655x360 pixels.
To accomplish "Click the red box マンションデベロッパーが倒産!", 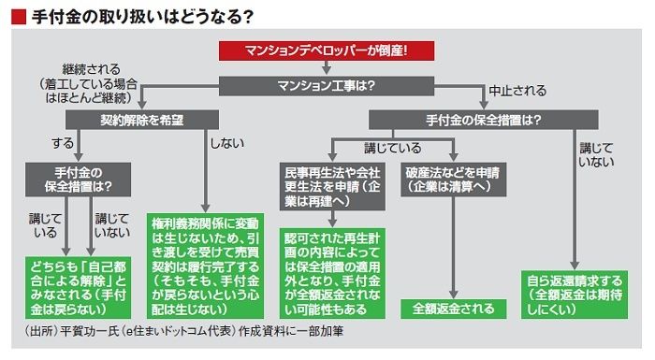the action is (327, 50).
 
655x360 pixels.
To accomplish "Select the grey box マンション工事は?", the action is (327, 86).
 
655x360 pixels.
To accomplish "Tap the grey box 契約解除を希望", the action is (142, 120).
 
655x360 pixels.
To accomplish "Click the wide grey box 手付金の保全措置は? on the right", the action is (484, 120).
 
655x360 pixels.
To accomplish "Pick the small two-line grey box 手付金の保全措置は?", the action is (78, 180).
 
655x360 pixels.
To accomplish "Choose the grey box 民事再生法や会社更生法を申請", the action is (332, 186).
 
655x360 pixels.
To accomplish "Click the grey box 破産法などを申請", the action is (453, 180).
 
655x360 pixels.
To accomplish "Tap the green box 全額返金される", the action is (453, 309).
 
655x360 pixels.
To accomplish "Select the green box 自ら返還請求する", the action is (575, 295).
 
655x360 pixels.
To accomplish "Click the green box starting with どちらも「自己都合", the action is (78, 288).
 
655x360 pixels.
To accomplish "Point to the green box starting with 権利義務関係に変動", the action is (205, 266).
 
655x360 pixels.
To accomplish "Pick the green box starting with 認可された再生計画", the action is (332, 274).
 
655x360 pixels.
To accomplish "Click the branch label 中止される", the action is (517, 90).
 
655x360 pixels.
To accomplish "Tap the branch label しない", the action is (226, 143).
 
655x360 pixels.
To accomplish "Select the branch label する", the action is (63, 143).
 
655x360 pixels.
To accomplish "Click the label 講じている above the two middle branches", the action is (393, 148).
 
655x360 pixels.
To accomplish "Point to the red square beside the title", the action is (19, 17).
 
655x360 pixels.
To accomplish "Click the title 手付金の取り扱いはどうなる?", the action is (142, 17).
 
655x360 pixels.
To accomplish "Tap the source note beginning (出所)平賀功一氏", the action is (184, 331).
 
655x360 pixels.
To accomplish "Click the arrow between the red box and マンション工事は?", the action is (327, 68).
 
